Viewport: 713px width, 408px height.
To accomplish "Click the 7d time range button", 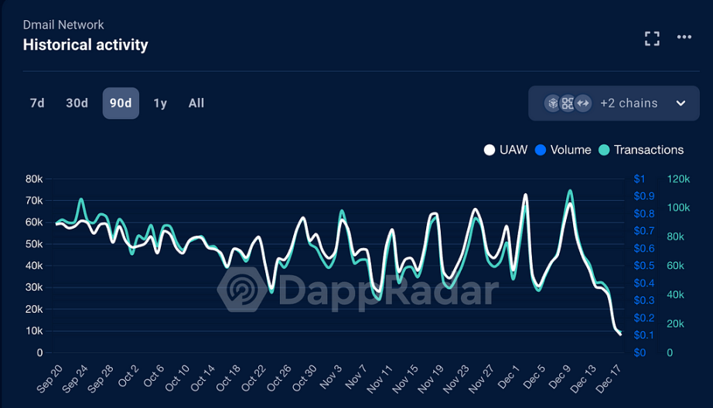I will tap(37, 103).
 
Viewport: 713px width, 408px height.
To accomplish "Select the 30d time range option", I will tap(77, 103).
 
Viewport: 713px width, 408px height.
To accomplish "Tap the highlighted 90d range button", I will tap(121, 103).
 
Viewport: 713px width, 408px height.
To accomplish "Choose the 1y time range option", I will tap(160, 103).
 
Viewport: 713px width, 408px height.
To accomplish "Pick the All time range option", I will tap(196, 103).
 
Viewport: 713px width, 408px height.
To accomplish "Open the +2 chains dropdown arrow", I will tap(681, 104).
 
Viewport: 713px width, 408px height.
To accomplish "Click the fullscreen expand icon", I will tap(652, 39).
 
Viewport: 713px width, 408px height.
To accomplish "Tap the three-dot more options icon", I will tap(684, 37).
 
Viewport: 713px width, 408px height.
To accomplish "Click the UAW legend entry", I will tap(507, 150).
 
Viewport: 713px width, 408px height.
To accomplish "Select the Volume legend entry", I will tap(563, 150).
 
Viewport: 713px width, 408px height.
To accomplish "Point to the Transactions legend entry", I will tap(641, 150).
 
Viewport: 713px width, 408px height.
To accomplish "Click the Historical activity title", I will tap(86, 45).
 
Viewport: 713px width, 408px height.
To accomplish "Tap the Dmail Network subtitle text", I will tap(63, 25).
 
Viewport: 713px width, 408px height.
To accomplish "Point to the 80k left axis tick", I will tap(34, 178).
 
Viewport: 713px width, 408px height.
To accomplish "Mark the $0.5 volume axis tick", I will tap(644, 266).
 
